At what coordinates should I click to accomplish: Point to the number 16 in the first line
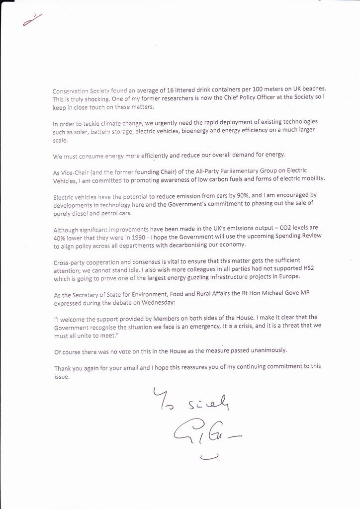(196, 90)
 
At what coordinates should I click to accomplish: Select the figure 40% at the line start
(60, 238)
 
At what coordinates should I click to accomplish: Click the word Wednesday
(144, 302)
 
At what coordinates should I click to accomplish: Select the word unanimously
(269, 350)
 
